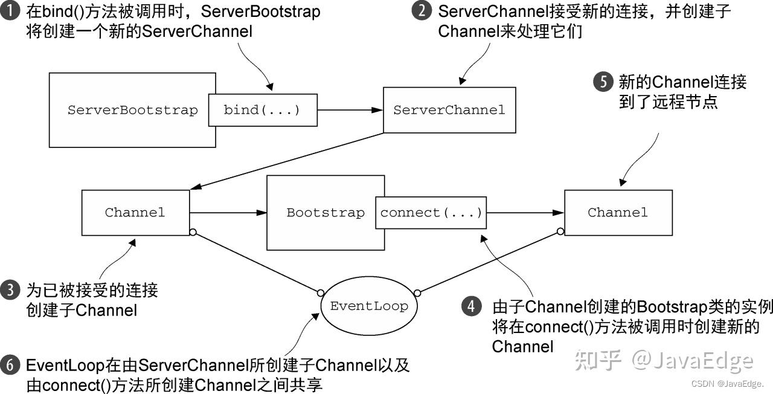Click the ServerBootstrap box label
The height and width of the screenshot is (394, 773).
click(132, 110)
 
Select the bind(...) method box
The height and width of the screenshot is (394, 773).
click(262, 110)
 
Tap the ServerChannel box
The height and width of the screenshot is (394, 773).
click(449, 110)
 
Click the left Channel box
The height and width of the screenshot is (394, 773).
click(135, 212)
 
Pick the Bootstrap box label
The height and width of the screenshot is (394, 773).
click(325, 213)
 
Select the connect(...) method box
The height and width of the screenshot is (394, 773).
click(431, 213)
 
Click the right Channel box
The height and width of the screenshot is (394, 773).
click(618, 212)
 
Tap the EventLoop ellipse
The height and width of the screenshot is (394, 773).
click(369, 306)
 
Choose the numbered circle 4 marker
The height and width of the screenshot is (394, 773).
click(472, 306)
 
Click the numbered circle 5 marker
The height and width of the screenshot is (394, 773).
click(603, 82)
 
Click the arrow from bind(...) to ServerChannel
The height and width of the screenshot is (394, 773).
click(350, 110)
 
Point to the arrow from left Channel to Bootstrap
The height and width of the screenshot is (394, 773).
click(228, 213)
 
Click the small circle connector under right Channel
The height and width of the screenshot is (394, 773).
click(560, 231)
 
